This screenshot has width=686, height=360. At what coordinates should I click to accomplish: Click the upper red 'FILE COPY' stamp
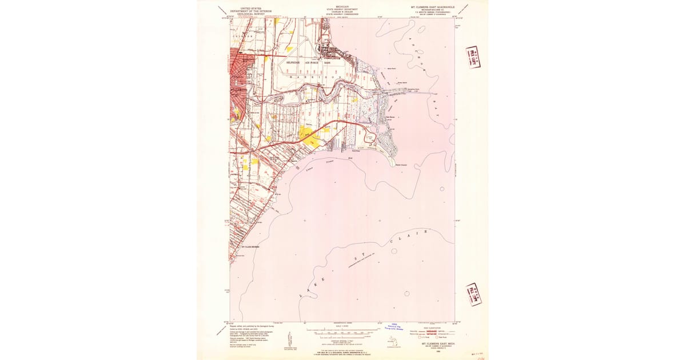click(473, 57)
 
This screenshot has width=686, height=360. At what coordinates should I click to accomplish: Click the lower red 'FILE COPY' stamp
click(473, 294)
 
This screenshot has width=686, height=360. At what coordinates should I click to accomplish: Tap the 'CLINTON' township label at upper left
click(242, 36)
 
